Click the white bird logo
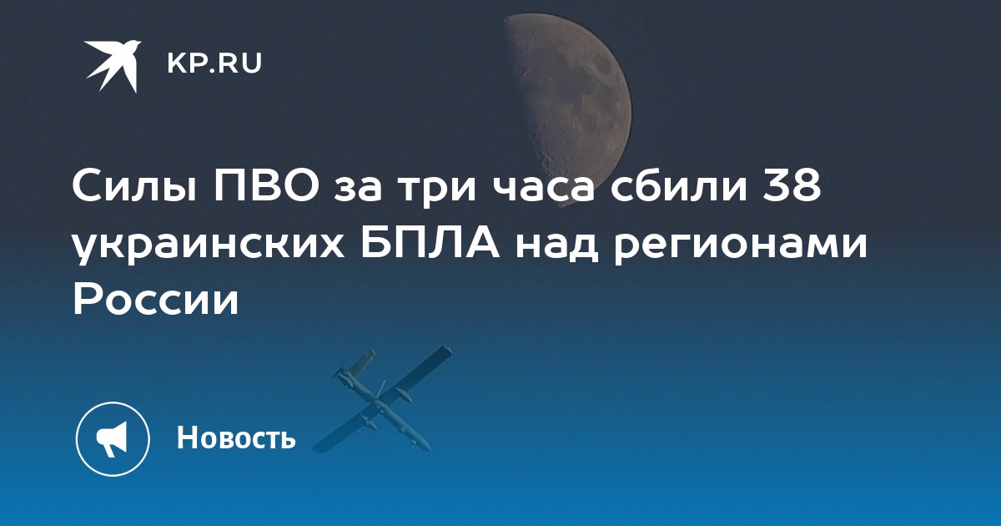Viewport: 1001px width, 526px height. point(113,65)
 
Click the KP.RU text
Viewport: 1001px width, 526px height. point(214,63)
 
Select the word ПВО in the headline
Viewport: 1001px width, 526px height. point(266,186)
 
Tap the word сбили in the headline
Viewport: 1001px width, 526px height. point(679,186)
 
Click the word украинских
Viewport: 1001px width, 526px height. point(209,247)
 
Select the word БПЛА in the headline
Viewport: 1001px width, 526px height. point(430,244)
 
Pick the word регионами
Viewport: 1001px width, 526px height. point(740,247)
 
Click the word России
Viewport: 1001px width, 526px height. point(155,301)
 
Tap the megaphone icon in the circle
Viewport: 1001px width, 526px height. point(113,439)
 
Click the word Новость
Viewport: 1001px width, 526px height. point(236,437)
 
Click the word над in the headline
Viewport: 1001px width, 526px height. point(556,244)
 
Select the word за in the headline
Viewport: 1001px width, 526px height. point(358,190)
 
